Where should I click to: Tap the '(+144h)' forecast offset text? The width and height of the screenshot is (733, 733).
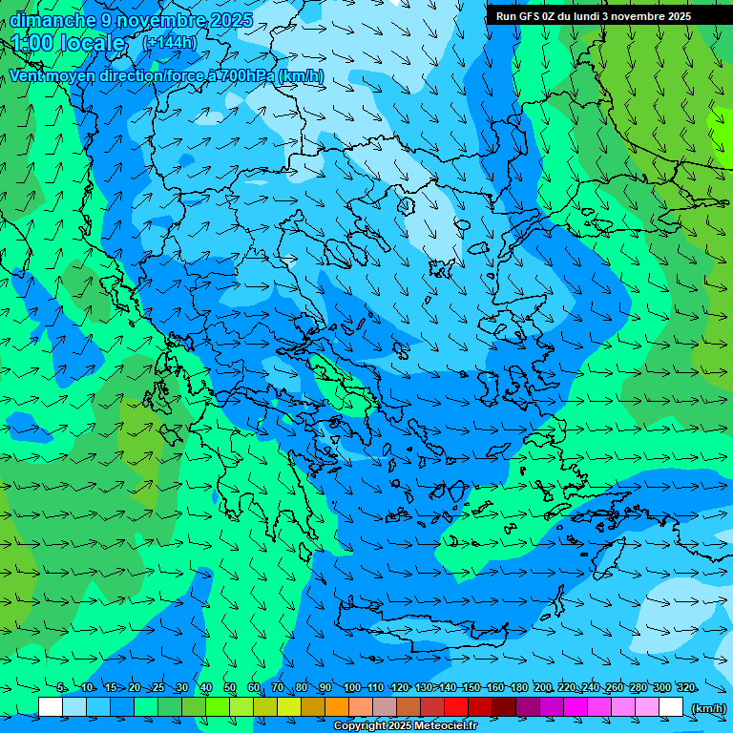(170, 42)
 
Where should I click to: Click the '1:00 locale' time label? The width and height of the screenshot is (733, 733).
(68, 44)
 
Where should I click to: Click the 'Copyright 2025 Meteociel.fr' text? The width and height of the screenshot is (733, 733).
(405, 726)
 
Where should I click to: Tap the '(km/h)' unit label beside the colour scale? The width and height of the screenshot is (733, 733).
(707, 708)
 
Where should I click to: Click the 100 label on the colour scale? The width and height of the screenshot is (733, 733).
(351, 688)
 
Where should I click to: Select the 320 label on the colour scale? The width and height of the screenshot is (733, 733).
(685, 688)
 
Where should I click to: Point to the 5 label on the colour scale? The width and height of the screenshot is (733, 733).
(61, 688)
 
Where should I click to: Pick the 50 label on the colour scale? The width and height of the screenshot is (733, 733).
(230, 688)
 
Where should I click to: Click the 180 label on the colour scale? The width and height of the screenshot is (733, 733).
(518, 688)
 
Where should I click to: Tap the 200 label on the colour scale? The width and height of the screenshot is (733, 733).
(542, 688)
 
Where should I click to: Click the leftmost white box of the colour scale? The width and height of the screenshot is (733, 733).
(51, 707)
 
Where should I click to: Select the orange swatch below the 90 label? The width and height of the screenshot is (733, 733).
(337, 707)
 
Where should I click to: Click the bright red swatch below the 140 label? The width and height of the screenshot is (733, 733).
(456, 707)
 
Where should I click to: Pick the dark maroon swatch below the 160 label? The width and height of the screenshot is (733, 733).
(504, 707)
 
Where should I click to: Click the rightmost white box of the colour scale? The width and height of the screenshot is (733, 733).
(671, 707)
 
